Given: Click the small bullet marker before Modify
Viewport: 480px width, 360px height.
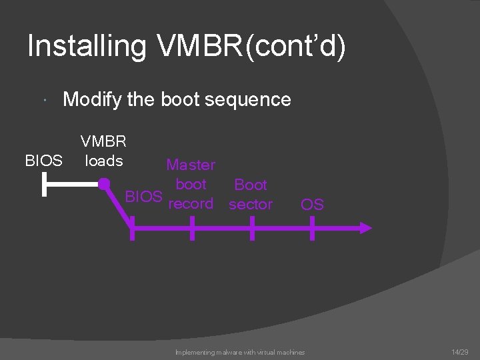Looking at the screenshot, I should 43,101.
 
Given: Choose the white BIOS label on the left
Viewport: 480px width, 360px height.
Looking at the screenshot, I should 43,161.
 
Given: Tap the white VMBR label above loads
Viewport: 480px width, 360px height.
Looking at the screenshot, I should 103,141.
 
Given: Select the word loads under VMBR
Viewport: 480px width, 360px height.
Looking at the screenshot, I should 103,161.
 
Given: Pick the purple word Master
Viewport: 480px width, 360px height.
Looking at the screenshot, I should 191,165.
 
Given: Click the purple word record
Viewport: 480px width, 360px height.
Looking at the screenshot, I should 191,203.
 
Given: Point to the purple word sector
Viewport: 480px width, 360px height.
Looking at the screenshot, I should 251,204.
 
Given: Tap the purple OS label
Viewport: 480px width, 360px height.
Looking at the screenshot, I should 312,204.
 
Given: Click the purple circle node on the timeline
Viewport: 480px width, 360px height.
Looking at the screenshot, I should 104,184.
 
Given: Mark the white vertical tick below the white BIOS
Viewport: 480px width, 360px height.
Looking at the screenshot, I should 43,185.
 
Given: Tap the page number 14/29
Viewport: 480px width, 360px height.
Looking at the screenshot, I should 460,351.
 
